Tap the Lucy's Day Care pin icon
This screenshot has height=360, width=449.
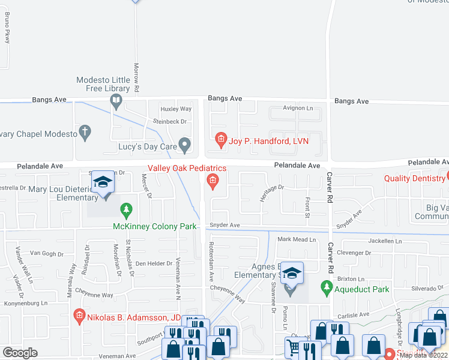[x=185, y=145]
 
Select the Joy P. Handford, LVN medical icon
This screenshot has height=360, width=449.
[x=221, y=140]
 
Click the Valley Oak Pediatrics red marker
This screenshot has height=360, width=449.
[x=212, y=180]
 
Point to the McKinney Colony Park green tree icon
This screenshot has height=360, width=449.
[x=126, y=210]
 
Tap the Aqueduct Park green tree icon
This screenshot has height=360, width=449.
[x=327, y=289]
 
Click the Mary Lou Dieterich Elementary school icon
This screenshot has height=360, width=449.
[x=103, y=183]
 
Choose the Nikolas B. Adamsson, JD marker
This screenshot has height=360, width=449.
[x=79, y=316]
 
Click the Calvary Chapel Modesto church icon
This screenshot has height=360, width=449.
[x=85, y=133]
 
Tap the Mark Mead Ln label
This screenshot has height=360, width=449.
[x=296, y=239]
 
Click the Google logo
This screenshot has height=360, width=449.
[x=20, y=352]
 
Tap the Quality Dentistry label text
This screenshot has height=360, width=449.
[x=414, y=178]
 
